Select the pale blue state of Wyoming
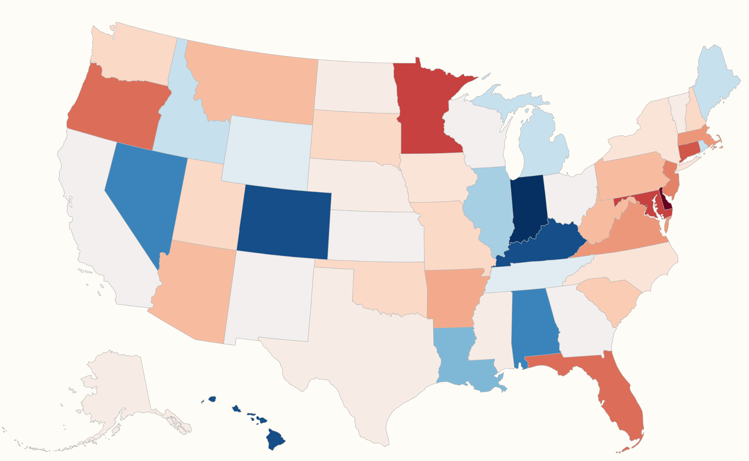pos(268,153)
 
